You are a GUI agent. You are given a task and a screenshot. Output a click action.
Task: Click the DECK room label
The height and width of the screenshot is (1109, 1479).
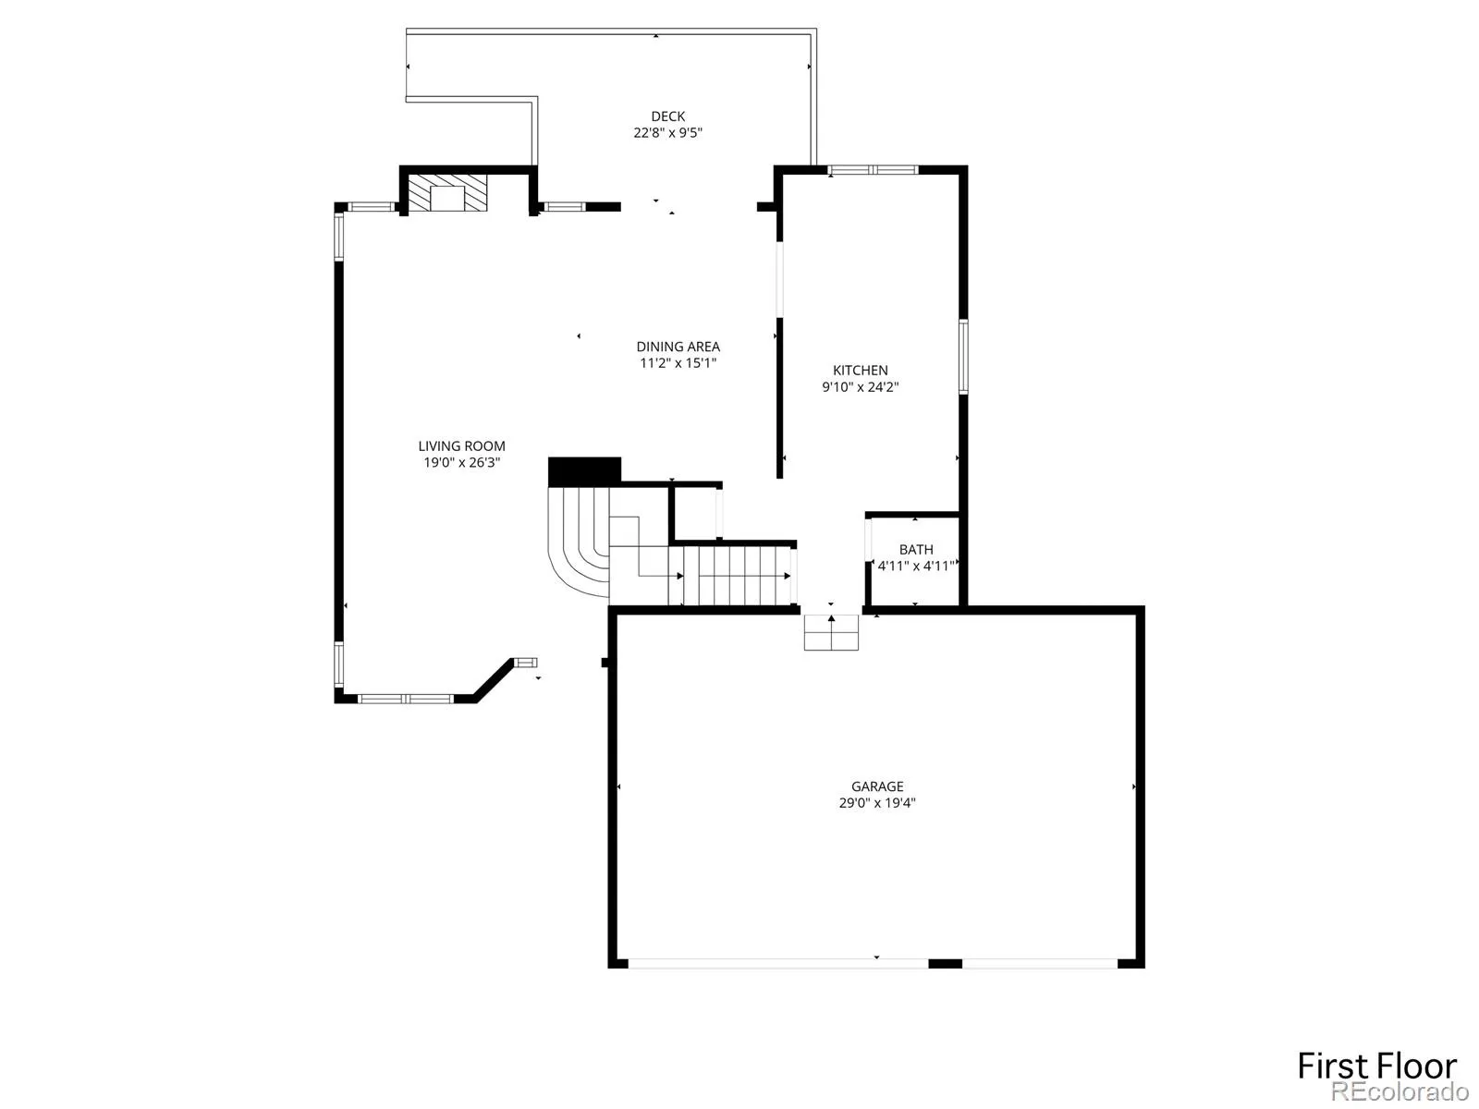(x=667, y=116)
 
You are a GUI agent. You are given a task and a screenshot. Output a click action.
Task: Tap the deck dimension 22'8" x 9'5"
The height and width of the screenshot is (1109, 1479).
(x=667, y=133)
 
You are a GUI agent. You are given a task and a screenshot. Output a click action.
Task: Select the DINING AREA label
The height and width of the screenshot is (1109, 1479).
(x=678, y=347)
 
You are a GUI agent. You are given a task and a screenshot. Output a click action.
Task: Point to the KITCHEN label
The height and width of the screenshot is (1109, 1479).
(x=860, y=371)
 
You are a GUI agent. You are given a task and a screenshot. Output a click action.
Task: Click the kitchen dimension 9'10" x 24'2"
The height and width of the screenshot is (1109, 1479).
(x=860, y=386)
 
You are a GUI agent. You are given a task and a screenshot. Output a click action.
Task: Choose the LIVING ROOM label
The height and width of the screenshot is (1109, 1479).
(x=461, y=445)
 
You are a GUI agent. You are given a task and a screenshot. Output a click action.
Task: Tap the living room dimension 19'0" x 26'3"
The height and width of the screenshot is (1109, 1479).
(x=461, y=463)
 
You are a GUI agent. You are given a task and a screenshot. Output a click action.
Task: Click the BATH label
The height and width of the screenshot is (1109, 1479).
(x=916, y=550)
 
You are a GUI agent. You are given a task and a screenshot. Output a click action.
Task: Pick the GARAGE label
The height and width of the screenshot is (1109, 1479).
(x=877, y=786)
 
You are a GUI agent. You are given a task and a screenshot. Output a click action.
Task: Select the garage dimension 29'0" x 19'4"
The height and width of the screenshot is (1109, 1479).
(x=877, y=802)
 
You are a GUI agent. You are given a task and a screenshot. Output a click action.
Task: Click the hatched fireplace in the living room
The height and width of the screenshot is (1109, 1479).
(x=448, y=193)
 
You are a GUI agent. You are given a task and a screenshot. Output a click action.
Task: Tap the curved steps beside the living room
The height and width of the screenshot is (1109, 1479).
(x=578, y=542)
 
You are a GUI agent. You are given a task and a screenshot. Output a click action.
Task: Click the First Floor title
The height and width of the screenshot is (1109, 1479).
(x=1376, y=1066)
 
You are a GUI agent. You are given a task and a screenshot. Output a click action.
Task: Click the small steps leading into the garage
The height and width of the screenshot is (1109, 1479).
(x=831, y=632)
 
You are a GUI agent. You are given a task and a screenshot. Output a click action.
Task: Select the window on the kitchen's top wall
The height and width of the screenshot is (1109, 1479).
(x=873, y=170)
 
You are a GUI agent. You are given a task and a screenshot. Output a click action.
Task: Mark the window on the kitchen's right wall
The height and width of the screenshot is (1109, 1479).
(x=963, y=357)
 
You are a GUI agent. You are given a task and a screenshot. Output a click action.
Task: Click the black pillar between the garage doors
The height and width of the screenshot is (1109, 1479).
(x=946, y=964)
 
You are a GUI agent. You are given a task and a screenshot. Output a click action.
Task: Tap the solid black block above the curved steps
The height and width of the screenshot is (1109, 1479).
(x=584, y=471)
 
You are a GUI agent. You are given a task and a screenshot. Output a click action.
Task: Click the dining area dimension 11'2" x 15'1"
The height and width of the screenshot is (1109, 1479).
(x=678, y=363)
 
